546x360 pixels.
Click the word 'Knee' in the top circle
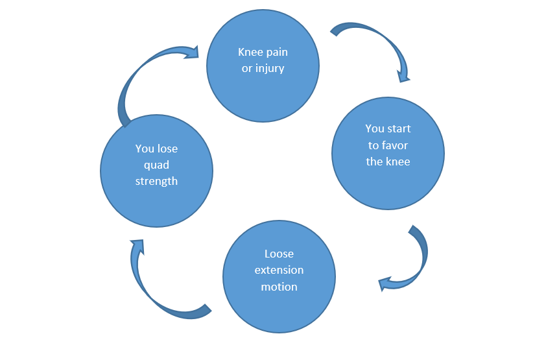tap(249, 52)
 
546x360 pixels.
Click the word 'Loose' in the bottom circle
tap(279, 254)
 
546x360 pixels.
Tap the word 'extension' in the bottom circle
tap(279, 270)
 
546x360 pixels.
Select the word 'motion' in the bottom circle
tap(279, 287)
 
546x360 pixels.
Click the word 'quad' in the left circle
tap(156, 165)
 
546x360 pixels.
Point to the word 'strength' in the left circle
tap(156, 182)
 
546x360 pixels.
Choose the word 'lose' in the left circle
tap(167, 149)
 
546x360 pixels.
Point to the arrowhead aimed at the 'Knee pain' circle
tap(192, 53)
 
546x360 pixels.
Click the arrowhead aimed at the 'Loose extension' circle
tap(385, 283)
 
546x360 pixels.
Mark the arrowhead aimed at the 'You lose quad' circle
tap(137, 245)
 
